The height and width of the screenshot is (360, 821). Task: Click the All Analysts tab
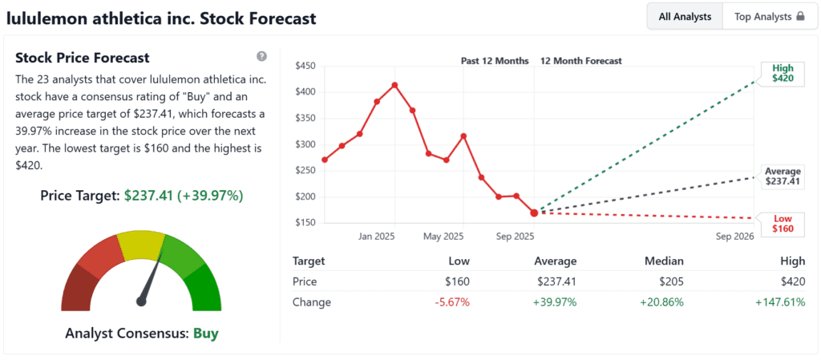685,16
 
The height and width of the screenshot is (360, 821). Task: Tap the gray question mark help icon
261,56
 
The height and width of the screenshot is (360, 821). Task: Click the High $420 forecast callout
782,74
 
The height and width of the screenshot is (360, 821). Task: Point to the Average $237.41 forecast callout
783,176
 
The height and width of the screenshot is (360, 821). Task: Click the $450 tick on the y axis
305,66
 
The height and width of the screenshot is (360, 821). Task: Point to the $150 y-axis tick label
305,222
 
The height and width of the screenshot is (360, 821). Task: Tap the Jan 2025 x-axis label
378,237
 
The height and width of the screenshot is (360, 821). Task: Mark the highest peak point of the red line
394,84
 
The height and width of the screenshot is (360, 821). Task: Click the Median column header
665,261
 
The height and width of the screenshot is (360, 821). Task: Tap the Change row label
312,302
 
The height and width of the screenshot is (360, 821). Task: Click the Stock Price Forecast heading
83,58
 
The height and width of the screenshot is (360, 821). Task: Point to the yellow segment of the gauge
140,245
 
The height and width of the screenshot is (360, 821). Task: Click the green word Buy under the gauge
205,333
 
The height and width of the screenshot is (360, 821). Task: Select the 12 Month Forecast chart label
581,61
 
